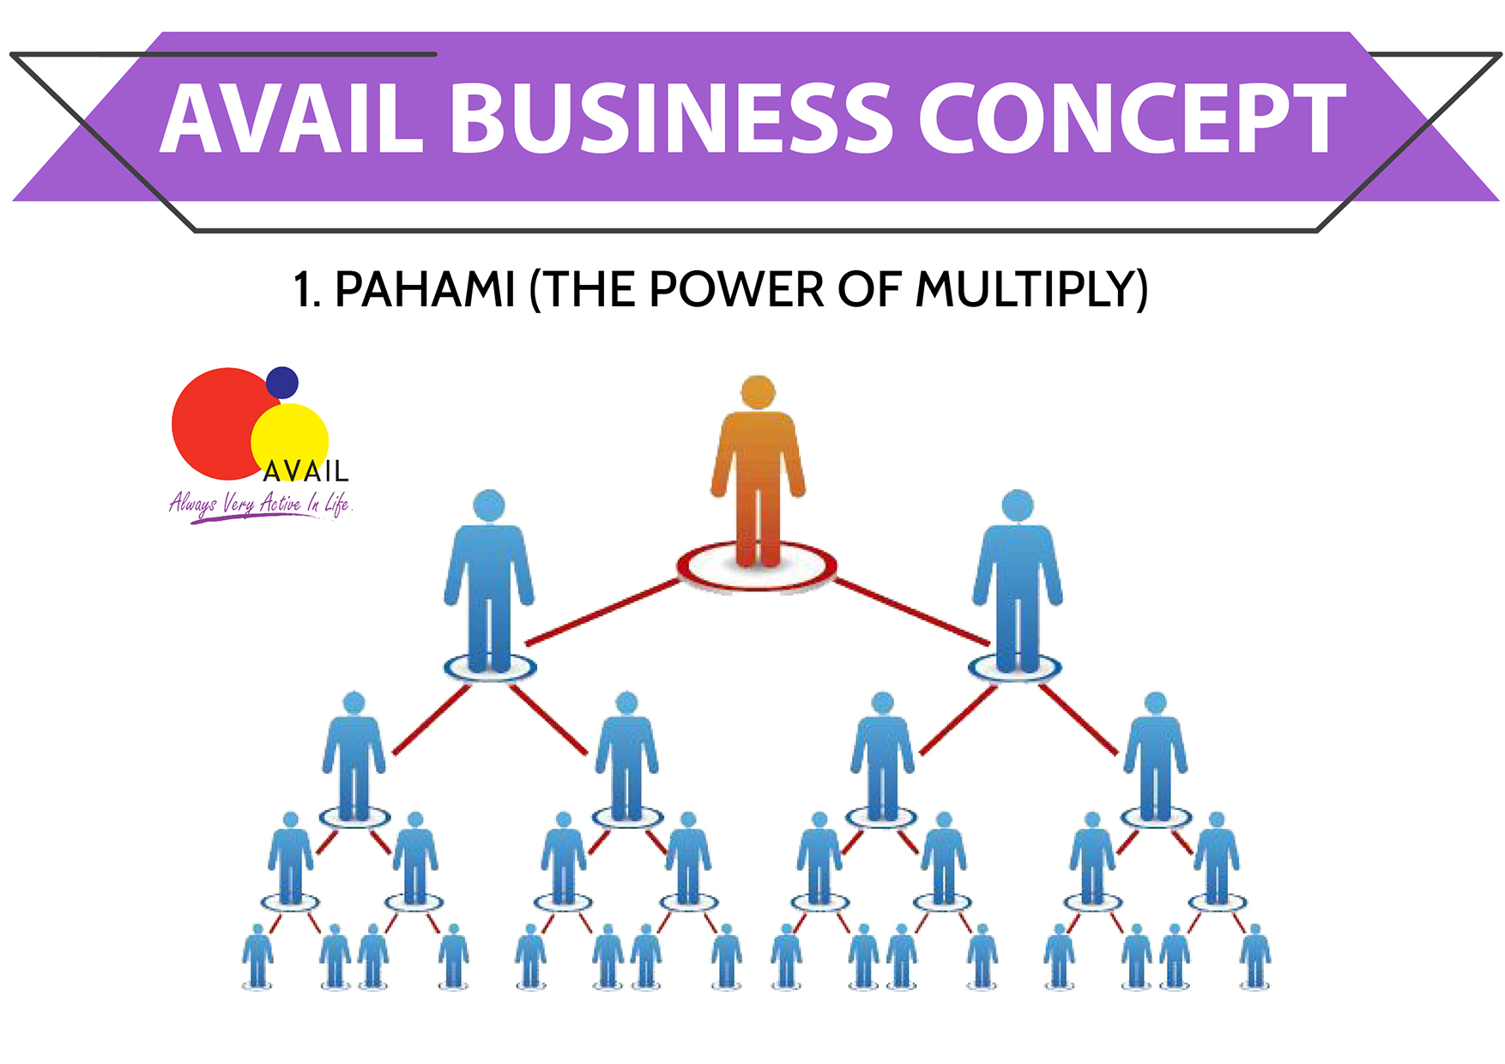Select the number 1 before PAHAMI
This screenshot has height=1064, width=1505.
[302, 289]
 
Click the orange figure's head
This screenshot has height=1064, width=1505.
[758, 392]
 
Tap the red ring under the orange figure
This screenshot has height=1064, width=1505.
[757, 585]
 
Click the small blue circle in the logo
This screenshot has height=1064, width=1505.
[281, 383]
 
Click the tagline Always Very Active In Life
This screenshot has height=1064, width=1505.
[260, 504]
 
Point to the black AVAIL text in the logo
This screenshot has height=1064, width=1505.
[305, 471]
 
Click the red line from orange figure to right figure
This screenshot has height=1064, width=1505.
[911, 611]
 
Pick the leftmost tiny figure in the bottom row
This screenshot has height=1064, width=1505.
[257, 956]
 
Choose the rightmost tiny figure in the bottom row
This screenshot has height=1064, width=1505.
[1254, 956]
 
